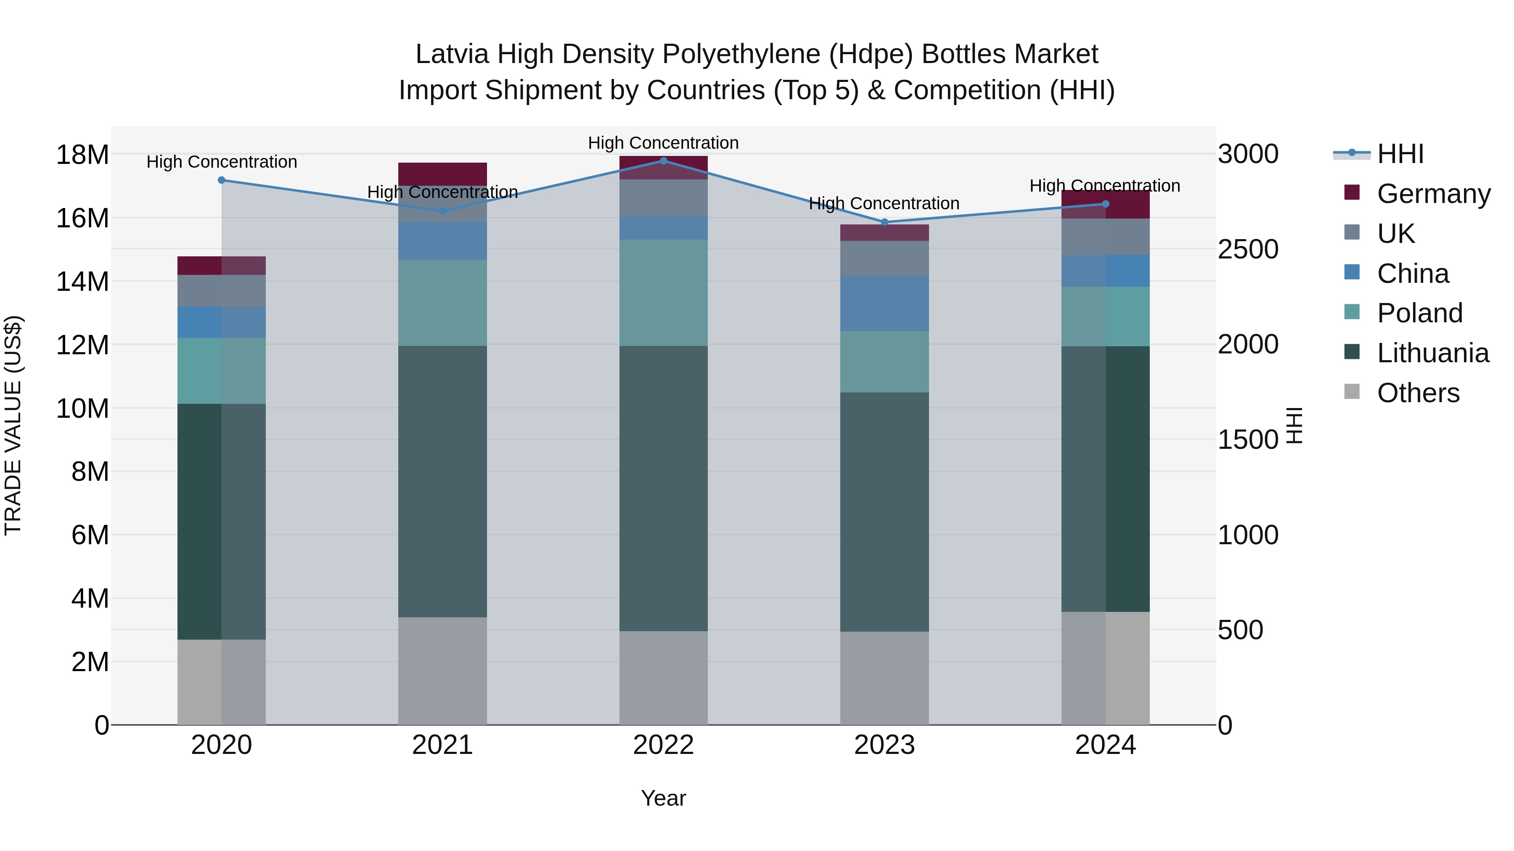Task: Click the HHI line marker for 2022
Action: (664, 161)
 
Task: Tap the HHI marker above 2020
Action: (222, 180)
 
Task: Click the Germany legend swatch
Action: (1352, 192)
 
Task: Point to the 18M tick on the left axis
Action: (82, 155)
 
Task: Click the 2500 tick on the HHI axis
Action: (1248, 249)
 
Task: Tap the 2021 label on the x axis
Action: (442, 745)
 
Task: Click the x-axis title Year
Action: (664, 798)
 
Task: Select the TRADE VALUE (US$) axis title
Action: (13, 425)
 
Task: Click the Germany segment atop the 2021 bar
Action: (442, 174)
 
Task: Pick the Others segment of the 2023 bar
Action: (884, 678)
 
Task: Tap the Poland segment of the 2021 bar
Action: (442, 303)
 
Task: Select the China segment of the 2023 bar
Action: (884, 304)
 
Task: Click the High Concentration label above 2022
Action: (664, 143)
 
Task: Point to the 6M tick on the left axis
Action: (90, 535)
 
